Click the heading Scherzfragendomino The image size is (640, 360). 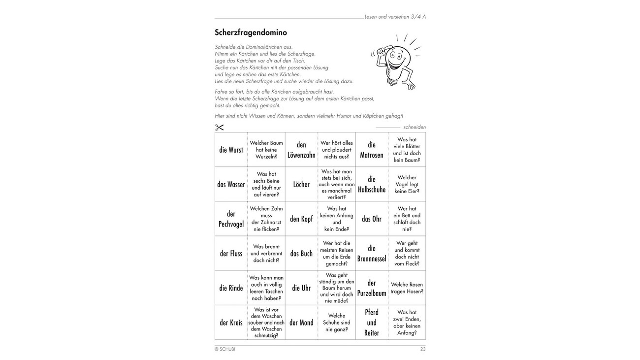pos(251,33)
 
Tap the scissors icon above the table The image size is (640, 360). pos(220,128)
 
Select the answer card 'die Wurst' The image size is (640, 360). pos(231,150)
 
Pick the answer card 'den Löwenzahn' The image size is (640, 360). pos(301,150)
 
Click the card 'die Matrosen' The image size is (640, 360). pos(372,150)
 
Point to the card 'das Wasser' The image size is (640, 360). pos(231,185)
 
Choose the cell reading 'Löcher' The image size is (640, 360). pos(301,185)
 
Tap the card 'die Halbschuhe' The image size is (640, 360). pos(372,185)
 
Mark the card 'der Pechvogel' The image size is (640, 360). pos(231,219)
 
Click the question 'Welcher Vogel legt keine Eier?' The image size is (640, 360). pos(407,185)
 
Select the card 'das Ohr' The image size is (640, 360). pos(372,219)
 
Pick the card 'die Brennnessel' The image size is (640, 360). pos(372,254)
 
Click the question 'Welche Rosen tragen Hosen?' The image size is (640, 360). pos(407,288)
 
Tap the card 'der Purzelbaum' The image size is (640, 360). pos(372,288)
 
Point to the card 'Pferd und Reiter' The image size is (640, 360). pos(372,323)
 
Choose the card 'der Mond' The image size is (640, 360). pos(301,323)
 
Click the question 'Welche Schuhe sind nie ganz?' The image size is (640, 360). pos(337,323)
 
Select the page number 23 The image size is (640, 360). pos(423,349)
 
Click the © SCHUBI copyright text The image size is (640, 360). pos(224,349)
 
